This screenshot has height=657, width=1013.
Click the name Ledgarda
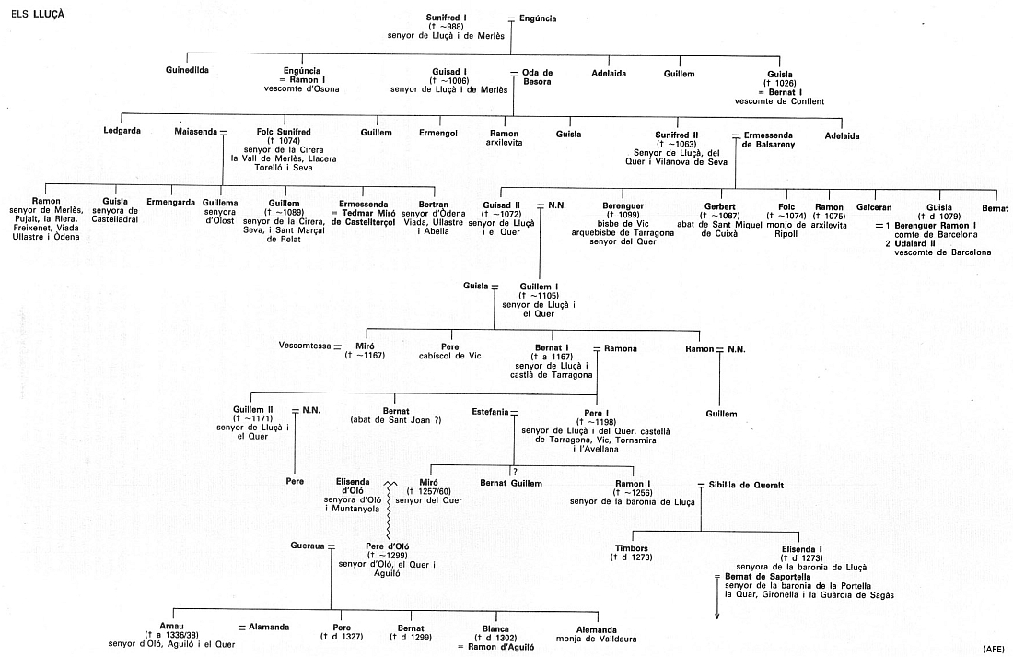pos(122,134)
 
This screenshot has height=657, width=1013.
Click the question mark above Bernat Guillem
pos(515,473)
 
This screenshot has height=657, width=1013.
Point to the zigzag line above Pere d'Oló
pos(390,511)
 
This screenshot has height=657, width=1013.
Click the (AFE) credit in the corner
pos(994,649)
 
